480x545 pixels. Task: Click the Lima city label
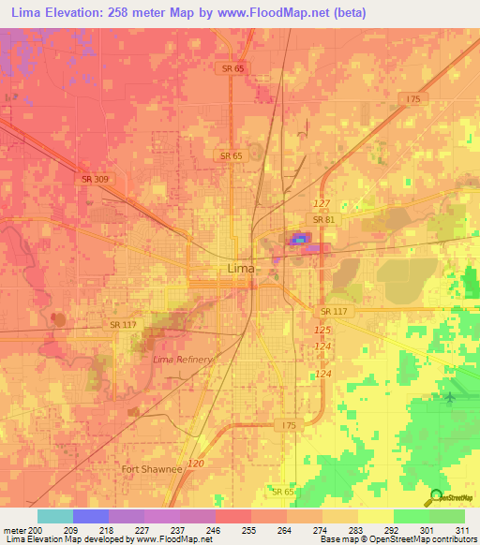(x=239, y=269)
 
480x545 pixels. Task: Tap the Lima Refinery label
(x=184, y=360)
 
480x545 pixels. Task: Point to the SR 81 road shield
(x=323, y=219)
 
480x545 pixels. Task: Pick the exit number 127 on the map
(x=322, y=203)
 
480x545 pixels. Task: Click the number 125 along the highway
(x=322, y=331)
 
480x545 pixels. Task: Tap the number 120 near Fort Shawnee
(x=195, y=464)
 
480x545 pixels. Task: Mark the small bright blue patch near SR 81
(x=299, y=241)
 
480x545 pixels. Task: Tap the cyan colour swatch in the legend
(x=54, y=516)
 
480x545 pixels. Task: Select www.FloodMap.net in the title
(x=280, y=13)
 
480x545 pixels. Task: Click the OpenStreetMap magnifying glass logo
(x=436, y=497)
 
